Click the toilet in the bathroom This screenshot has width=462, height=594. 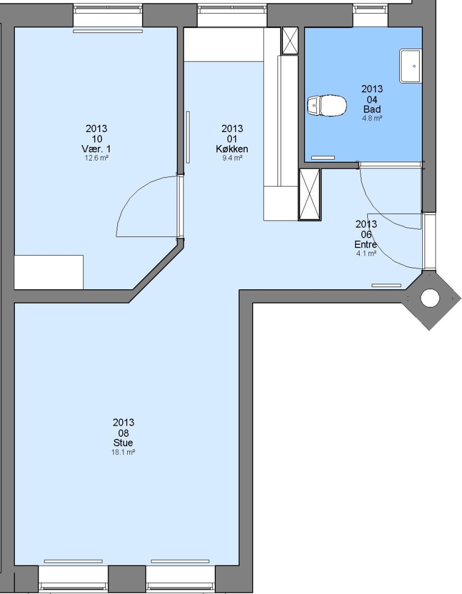point(327,105)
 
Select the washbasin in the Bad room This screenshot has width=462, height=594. point(410,66)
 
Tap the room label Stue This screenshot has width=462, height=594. point(123,442)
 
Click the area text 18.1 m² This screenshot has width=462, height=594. point(123,452)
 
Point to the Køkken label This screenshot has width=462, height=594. point(232,148)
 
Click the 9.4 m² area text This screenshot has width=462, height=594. point(232,158)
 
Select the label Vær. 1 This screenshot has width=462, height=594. point(96,148)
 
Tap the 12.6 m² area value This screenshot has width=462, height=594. point(96,158)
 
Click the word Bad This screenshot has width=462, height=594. point(372,109)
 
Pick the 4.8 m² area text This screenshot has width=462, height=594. point(372,118)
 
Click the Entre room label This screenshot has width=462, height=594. point(366,244)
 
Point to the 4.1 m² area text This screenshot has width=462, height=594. point(366,254)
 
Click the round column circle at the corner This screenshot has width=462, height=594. point(430,298)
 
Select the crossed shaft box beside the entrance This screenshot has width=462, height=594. point(310,194)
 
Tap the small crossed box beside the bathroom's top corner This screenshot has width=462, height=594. point(290,41)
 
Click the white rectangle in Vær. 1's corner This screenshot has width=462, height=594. point(48,272)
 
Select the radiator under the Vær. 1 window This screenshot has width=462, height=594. point(108,31)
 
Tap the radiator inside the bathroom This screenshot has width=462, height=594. point(323,157)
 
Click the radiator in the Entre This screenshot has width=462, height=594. point(386,285)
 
